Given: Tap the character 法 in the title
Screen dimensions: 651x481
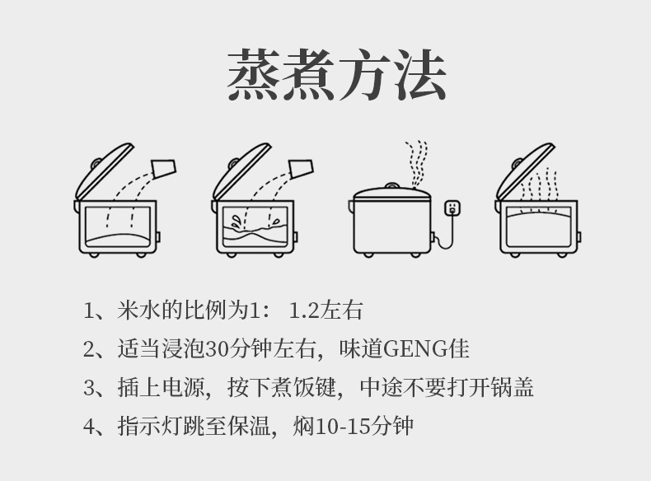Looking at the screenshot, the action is [x=419, y=75].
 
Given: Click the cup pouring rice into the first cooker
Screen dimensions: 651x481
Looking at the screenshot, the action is [x=164, y=170].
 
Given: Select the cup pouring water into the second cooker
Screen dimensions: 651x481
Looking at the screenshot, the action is [x=302, y=170].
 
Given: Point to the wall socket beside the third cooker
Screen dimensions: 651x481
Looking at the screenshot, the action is [x=452, y=208].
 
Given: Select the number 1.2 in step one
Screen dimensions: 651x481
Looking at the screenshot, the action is [x=305, y=311].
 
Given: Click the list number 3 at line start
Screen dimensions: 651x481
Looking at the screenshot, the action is [x=91, y=387].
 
